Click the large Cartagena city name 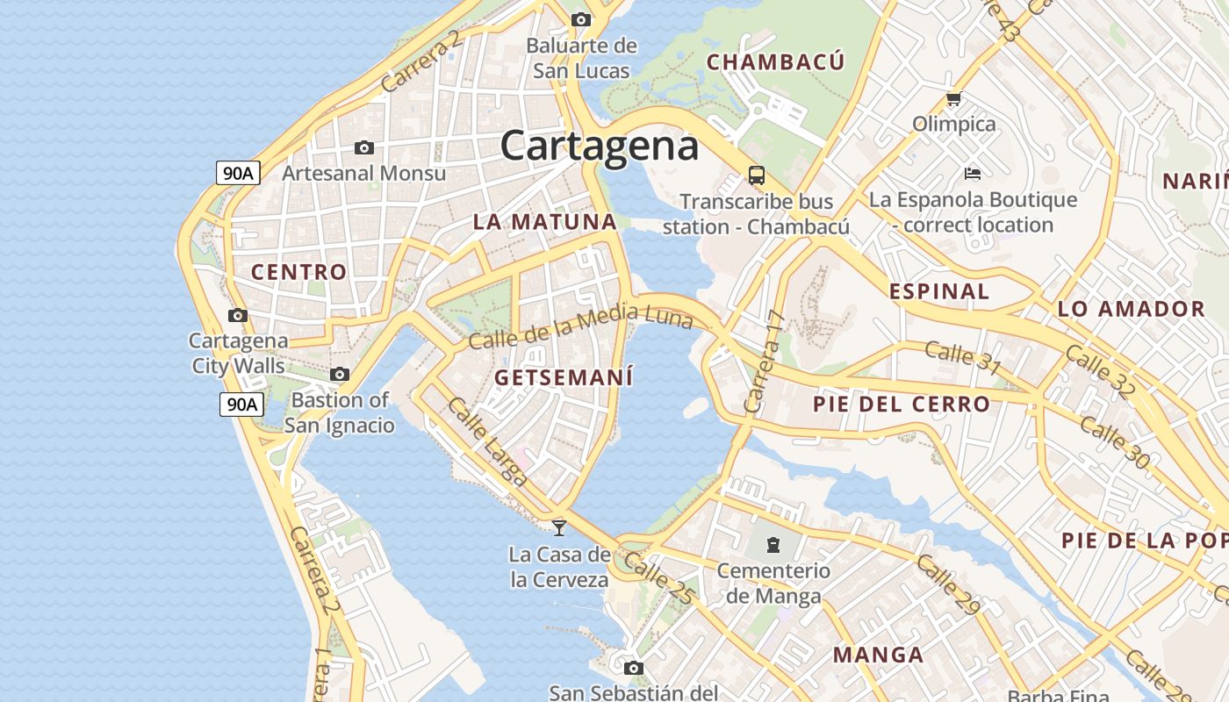[x=600, y=146]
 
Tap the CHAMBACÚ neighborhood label [x=775, y=61]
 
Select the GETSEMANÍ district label [x=564, y=377]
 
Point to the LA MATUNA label [x=545, y=222]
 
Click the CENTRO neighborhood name [x=299, y=272]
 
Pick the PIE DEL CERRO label [x=902, y=405]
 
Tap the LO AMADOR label [x=1132, y=309]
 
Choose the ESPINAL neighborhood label [x=939, y=291]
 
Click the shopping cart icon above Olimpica [x=954, y=99]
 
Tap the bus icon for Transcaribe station [x=757, y=175]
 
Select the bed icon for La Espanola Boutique [x=972, y=173]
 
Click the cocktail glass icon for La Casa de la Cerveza [x=559, y=527]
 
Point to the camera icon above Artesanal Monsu [x=364, y=147]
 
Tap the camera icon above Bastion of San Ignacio [x=340, y=374]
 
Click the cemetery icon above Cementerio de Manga [x=773, y=545]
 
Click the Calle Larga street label [x=488, y=441]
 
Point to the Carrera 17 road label [x=762, y=362]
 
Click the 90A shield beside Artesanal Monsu [x=238, y=173]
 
